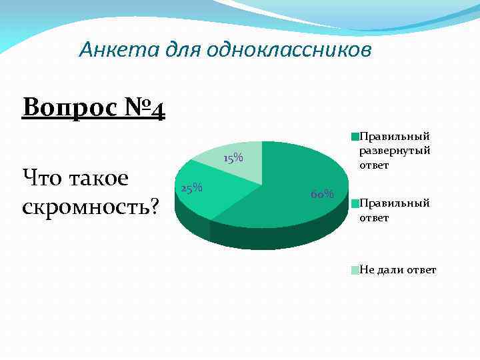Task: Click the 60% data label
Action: tap(322, 194)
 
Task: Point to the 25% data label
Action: tap(192, 188)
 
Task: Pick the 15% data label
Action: tap(233, 159)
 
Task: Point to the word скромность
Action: tap(85, 207)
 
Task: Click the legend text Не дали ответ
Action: tap(398, 269)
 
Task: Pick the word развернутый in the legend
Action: tap(395, 150)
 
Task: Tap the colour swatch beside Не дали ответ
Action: tap(356, 269)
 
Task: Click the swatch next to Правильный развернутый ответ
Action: tap(356, 136)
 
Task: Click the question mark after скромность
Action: tap(155, 207)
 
